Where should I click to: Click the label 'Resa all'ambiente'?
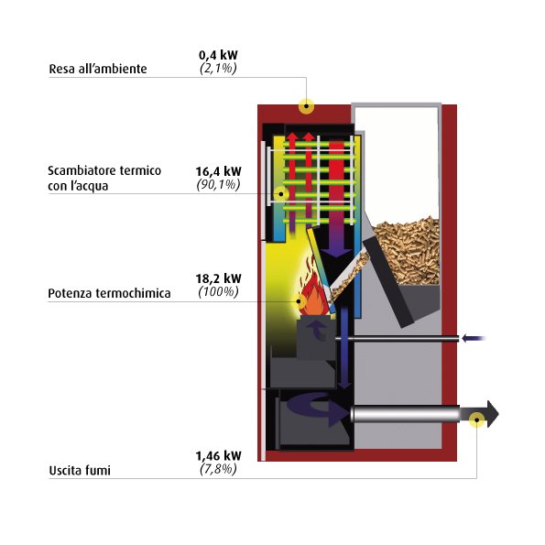coord(98,69)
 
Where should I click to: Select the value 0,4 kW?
coord(218,55)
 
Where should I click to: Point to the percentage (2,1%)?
coord(218,68)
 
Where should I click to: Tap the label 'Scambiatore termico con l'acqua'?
coord(104,179)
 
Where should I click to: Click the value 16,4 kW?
coord(218,171)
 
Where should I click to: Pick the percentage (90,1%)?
coord(218,184)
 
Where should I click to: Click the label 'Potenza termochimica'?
coord(109,293)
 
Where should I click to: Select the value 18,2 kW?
coord(218,278)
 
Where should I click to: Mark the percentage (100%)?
coord(218,291)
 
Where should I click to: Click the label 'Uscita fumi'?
coord(80,471)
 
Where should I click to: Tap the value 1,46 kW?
coord(218,455)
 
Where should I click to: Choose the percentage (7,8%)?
coord(218,469)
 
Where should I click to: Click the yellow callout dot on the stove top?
coord(306,106)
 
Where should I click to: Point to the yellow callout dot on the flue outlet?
coord(476,420)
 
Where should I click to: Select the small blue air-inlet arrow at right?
coord(474,338)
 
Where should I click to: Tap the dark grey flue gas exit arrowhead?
coord(493,414)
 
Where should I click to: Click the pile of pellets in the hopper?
coord(407,251)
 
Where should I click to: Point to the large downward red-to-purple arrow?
coord(336,199)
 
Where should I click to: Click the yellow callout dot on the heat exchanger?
coord(281,194)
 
